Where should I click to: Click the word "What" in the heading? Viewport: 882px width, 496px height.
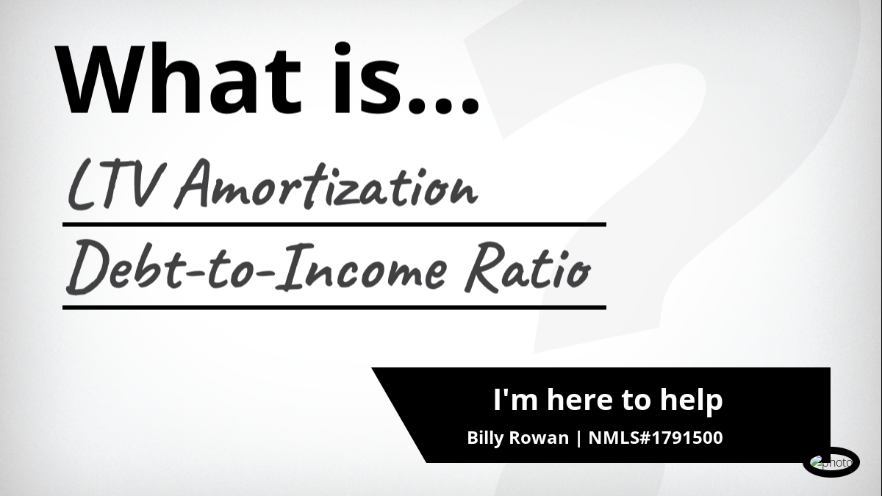click(179, 79)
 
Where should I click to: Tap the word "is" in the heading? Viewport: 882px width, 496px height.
click(366, 78)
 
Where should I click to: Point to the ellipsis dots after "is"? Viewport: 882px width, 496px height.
click(444, 106)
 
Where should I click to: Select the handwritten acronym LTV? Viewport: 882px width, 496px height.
click(115, 185)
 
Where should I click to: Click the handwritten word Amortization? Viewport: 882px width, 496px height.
click(326, 184)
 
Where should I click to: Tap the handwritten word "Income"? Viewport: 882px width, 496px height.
click(360, 267)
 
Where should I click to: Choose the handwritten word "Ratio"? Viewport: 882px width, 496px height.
click(528, 267)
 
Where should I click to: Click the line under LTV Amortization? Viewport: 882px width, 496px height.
click(334, 224)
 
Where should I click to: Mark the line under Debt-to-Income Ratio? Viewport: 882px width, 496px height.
click(334, 307)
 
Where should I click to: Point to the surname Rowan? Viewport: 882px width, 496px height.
click(539, 438)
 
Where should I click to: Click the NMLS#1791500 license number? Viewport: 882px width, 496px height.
click(656, 438)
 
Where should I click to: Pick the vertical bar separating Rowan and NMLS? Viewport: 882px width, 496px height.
click(578, 438)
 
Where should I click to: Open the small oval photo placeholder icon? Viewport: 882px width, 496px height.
click(831, 462)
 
